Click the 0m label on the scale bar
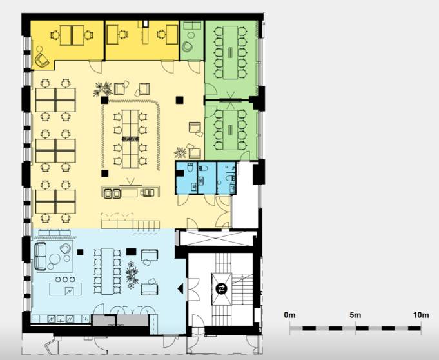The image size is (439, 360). (289, 315)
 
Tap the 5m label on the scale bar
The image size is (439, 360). (355, 315)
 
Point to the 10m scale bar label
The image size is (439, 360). (421, 315)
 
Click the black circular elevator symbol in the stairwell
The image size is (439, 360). (221, 288)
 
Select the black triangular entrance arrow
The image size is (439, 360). (180, 288)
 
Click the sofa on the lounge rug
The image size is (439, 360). (41, 256)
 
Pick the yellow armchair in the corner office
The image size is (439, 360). (42, 59)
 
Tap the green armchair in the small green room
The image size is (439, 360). (187, 47)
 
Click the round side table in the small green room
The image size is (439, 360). (191, 35)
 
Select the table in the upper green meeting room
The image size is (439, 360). (230, 52)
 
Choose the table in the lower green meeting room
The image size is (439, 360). (230, 130)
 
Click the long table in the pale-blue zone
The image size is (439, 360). (107, 271)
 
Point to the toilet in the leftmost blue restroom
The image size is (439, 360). (190, 168)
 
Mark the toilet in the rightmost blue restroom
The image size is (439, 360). (230, 178)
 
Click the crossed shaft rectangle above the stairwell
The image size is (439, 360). (217, 238)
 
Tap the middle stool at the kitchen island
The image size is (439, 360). (65, 279)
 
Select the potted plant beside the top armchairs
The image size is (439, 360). (102, 89)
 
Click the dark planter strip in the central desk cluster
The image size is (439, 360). (130, 139)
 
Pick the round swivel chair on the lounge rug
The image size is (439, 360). (66, 248)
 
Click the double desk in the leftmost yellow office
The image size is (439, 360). (72, 35)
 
